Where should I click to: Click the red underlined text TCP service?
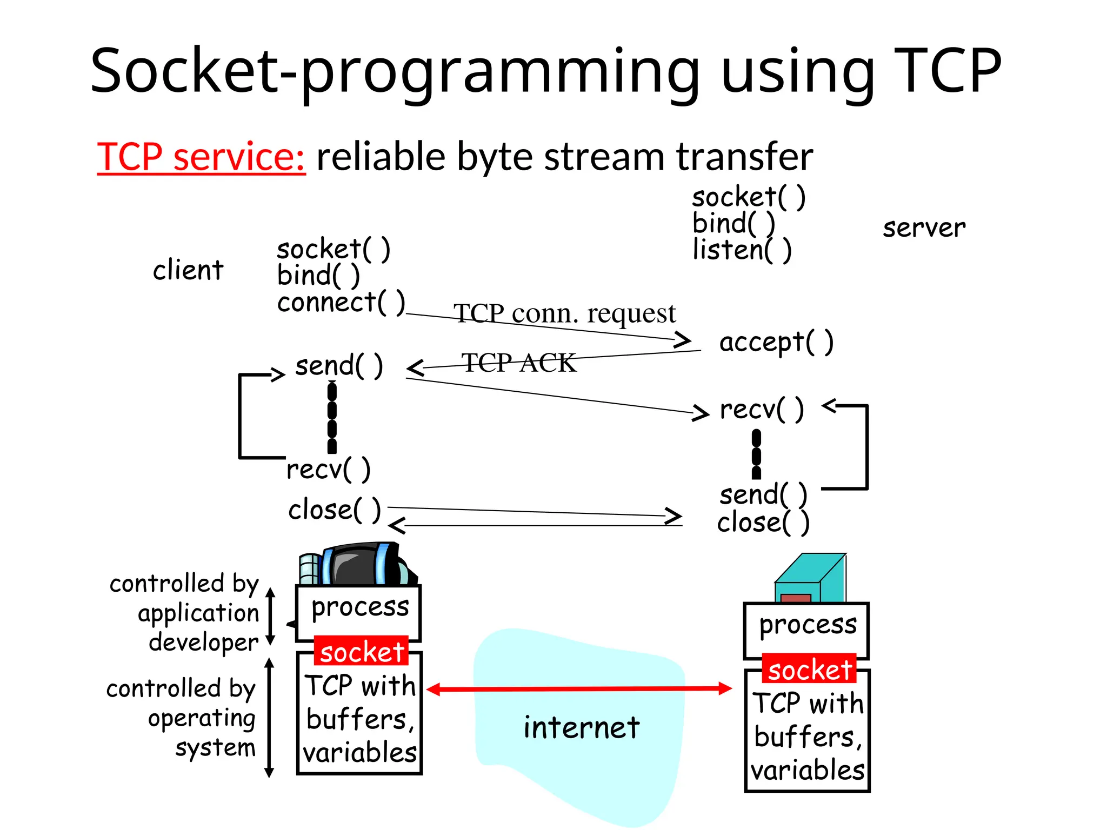[201, 157]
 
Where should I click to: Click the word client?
[188, 270]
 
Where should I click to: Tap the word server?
[924, 227]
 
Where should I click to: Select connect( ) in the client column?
[341, 302]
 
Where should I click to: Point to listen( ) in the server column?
[742, 250]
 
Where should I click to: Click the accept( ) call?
[776, 342]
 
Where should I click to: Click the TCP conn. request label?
[564, 313]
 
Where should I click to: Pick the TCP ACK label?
[518, 363]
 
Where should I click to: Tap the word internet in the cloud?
[581, 727]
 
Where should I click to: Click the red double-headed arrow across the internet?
[578, 689]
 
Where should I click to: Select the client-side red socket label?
[361, 652]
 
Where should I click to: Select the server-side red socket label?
[809, 670]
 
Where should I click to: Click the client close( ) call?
[334, 510]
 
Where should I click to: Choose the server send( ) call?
[763, 494]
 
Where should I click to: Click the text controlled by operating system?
[181, 718]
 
